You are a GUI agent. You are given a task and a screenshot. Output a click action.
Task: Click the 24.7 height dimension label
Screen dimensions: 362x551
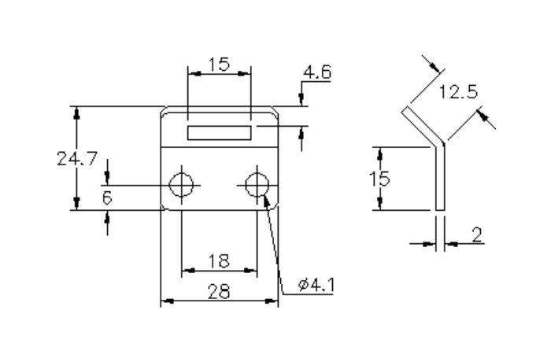76,158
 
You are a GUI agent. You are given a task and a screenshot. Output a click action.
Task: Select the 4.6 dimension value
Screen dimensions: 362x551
317,73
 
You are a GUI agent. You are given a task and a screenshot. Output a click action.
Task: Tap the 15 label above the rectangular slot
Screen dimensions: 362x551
220,65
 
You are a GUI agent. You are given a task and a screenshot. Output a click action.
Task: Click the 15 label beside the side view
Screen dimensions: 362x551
380,178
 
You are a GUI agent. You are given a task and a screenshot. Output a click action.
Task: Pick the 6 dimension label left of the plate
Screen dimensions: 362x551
107,198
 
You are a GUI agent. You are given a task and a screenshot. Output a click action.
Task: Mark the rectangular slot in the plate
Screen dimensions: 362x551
220,131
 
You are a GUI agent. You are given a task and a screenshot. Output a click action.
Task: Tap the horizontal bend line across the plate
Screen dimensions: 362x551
220,147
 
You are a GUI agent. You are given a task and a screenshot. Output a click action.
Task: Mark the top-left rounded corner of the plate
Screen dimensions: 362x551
165,111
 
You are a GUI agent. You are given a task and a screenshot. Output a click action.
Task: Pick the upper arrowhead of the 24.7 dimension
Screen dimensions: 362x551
76,113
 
